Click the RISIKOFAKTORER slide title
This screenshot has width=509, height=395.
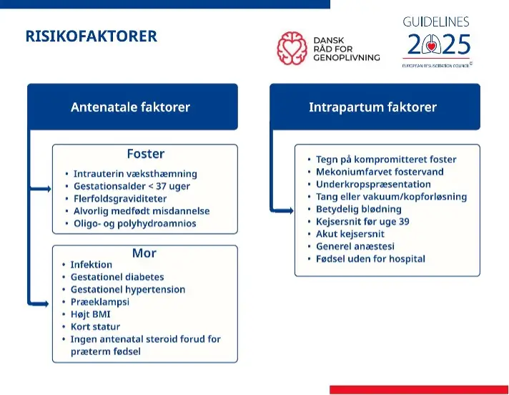[92, 36]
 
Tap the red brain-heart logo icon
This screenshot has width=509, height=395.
[292, 48]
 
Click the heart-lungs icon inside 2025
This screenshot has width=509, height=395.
[431, 44]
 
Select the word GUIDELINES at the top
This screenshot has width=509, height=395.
[436, 21]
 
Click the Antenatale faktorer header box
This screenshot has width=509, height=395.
[132, 107]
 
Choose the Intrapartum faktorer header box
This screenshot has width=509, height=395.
[375, 107]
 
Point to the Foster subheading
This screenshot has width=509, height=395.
[146, 154]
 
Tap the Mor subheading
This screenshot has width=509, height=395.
[144, 253]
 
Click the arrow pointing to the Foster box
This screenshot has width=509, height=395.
[40, 189]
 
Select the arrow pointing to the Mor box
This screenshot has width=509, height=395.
[39, 303]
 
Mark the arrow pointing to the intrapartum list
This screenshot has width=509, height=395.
[282, 211]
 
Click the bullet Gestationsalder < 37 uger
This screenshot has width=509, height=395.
[132, 187]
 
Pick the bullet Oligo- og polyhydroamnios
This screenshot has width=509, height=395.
[134, 224]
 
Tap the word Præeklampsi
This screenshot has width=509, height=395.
[100, 302]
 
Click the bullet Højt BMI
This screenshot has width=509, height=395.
[90, 314]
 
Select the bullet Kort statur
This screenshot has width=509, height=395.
[95, 327]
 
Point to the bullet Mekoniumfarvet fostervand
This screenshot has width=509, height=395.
[380, 172]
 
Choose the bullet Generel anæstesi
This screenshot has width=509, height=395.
[355, 247]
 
